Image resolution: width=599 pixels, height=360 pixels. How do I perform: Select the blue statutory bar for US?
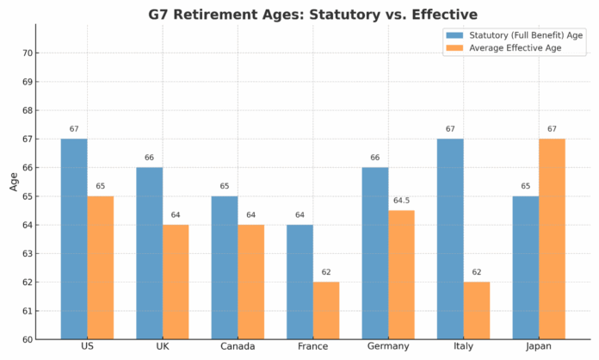pyautogui.click(x=74, y=239)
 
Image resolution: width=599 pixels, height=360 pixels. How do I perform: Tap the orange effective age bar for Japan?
pyautogui.click(x=552, y=239)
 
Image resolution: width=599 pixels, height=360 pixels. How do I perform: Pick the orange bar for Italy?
pyautogui.click(x=477, y=310)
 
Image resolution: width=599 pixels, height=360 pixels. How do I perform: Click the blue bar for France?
pyautogui.click(x=299, y=282)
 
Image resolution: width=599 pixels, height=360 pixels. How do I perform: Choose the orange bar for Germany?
pyautogui.click(x=401, y=275)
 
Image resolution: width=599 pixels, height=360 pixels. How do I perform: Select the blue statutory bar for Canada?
pyautogui.click(x=225, y=267)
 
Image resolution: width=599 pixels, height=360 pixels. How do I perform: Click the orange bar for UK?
pyautogui.click(x=176, y=282)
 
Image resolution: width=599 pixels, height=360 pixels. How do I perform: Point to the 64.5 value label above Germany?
pyautogui.click(x=401, y=201)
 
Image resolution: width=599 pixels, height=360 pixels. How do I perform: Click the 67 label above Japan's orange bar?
pyautogui.click(x=552, y=129)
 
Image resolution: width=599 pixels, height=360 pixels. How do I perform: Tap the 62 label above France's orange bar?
pyautogui.click(x=326, y=272)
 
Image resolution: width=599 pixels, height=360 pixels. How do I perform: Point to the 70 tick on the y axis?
pyautogui.click(x=27, y=53)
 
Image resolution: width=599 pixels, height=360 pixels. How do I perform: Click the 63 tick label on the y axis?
pyautogui.click(x=27, y=253)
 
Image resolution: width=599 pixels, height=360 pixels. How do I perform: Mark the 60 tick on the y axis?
pyautogui.click(x=27, y=339)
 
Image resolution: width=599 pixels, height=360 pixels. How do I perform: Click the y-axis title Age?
pyautogui.click(x=12, y=182)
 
